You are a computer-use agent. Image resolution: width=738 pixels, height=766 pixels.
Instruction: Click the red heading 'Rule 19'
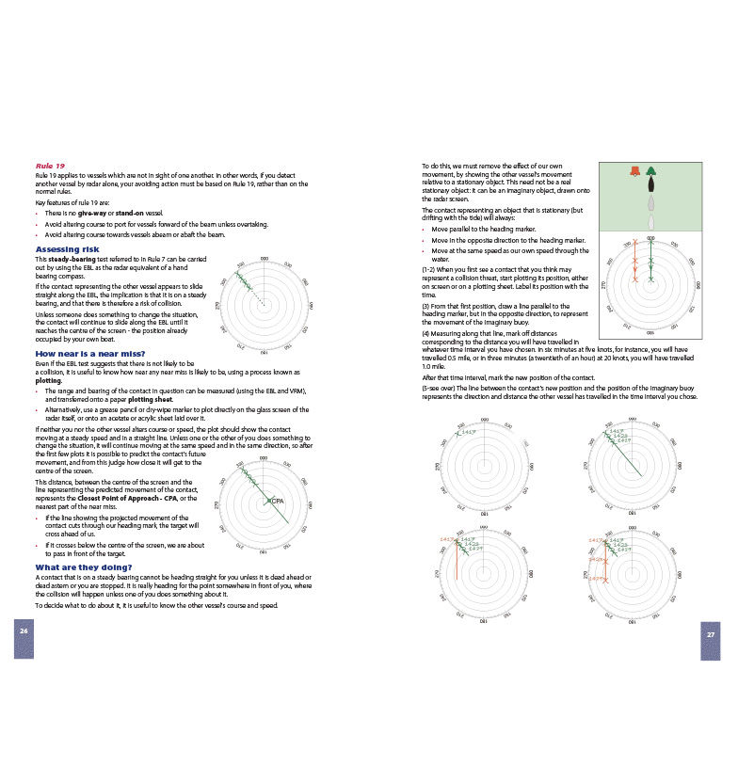50,167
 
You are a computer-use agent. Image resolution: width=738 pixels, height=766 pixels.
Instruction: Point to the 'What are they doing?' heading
83,567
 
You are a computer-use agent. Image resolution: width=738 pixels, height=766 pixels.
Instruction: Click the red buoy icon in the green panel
635,172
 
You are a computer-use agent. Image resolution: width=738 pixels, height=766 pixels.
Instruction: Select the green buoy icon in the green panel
650,172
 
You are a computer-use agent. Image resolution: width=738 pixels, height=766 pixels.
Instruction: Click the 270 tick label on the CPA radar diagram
218,504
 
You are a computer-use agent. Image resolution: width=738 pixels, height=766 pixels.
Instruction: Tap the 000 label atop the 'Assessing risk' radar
264,260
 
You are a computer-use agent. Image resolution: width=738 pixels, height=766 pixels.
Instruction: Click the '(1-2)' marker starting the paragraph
430,271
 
